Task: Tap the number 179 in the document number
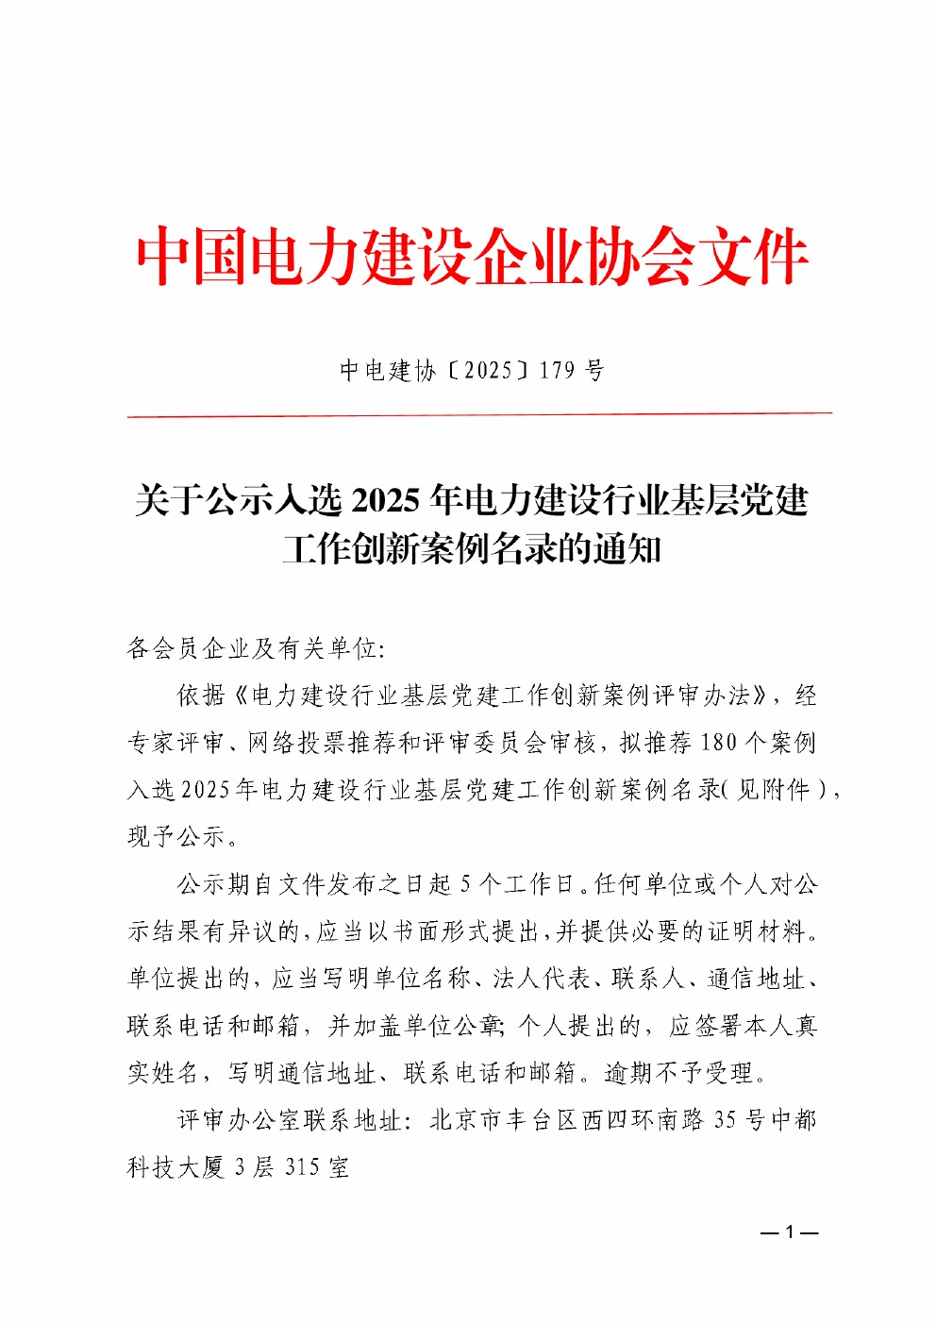click(x=557, y=370)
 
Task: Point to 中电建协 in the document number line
click(x=387, y=370)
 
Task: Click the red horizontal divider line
click(x=479, y=414)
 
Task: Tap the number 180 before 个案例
click(x=718, y=743)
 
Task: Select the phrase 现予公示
click(x=176, y=837)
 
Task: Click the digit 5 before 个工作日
click(x=465, y=884)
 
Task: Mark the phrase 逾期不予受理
click(x=678, y=1073)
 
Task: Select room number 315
click(x=302, y=1167)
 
